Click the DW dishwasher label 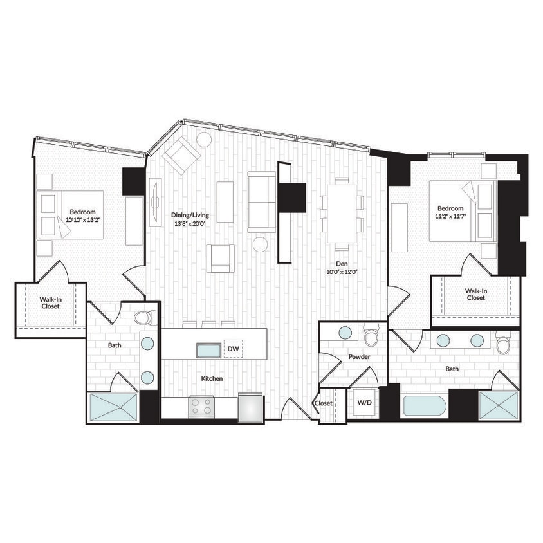pyautogui.click(x=232, y=349)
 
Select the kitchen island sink pyautogui.click(x=208, y=349)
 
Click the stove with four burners pyautogui.click(x=201, y=406)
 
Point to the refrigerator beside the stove pyautogui.click(x=250, y=407)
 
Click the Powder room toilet pyautogui.click(x=371, y=336)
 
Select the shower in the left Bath pyautogui.click(x=113, y=407)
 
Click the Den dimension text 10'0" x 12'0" pyautogui.click(x=342, y=272)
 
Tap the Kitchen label pyautogui.click(x=212, y=378)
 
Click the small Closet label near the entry pyautogui.click(x=323, y=403)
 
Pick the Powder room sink pyautogui.click(x=345, y=332)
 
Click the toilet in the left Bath pyautogui.click(x=143, y=317)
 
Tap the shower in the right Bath pyautogui.click(x=499, y=405)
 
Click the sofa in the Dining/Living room pyautogui.click(x=262, y=201)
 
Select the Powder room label pyautogui.click(x=358, y=356)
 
